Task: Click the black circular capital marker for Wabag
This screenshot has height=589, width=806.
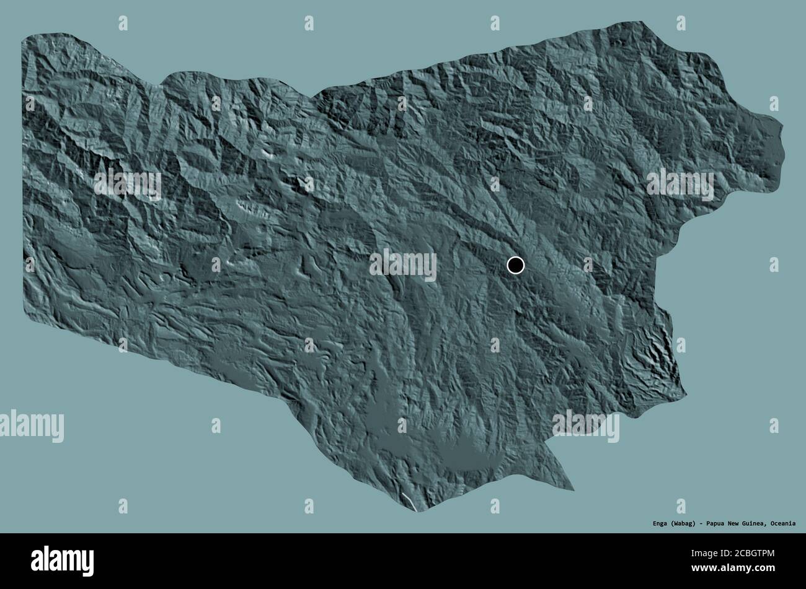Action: coord(515,265)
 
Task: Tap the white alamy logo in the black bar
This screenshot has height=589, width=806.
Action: coord(63,560)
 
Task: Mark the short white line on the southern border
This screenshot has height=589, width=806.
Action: coord(409,502)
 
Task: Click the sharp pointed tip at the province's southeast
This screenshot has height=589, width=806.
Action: coord(572,489)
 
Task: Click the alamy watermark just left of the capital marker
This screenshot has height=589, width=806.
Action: coord(403,265)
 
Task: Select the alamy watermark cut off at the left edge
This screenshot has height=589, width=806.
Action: coord(31,426)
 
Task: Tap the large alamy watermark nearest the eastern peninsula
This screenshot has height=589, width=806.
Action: coord(680,184)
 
